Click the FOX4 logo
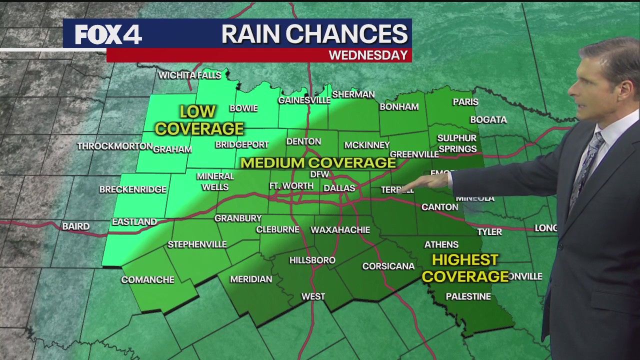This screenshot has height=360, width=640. (108, 34)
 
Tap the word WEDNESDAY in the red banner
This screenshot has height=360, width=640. (368, 55)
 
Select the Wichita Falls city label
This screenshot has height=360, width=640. (189, 75)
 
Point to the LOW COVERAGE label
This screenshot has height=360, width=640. (199, 120)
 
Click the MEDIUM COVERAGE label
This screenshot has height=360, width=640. (318, 163)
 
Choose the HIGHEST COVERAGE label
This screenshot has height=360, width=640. (465, 268)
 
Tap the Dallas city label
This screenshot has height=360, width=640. (339, 188)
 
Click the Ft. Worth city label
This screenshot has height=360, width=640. (291, 186)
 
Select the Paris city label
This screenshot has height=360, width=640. (465, 102)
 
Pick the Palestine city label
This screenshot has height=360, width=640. (468, 296)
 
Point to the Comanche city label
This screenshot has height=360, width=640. (147, 280)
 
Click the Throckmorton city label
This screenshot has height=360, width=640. (114, 146)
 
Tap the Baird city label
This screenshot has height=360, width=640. (76, 226)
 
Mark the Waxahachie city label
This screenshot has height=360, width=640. (340, 230)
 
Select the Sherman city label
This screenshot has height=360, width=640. (353, 94)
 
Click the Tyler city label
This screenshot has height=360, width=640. (489, 232)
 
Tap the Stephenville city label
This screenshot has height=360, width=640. (197, 244)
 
